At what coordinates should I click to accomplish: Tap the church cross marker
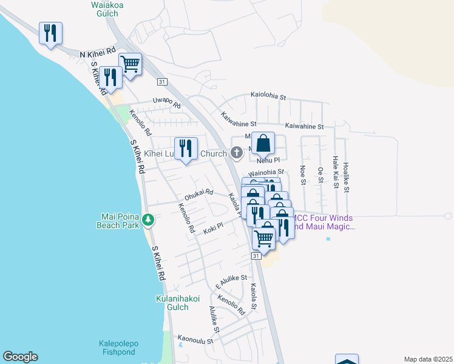(x=236, y=153)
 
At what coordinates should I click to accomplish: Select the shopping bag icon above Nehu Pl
(x=263, y=144)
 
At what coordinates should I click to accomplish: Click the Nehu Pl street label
(x=268, y=160)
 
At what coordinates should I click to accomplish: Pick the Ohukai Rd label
(x=199, y=195)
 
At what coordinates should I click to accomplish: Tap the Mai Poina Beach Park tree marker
(x=147, y=220)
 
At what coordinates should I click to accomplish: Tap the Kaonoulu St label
(x=195, y=340)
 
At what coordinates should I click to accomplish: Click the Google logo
(x=20, y=357)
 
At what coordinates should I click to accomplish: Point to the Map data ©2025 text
(x=428, y=359)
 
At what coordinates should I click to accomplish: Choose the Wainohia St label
(x=266, y=173)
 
